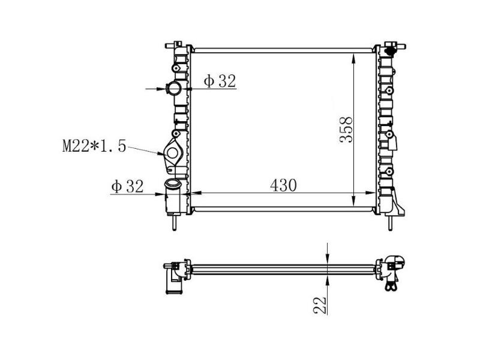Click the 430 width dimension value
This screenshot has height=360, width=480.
coord(283,185)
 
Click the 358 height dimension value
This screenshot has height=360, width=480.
coord(346,130)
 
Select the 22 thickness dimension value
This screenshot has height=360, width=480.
coord(320,305)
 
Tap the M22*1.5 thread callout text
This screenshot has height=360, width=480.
coord(94,146)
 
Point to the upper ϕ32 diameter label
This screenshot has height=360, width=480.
coord(220,81)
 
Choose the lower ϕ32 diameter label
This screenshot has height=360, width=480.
coord(127,186)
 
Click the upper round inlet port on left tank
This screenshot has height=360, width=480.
coord(174,88)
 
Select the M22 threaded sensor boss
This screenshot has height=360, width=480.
coord(173,152)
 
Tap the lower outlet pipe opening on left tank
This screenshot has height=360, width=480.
coord(173,184)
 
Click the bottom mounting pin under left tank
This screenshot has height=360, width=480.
coord(174,222)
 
